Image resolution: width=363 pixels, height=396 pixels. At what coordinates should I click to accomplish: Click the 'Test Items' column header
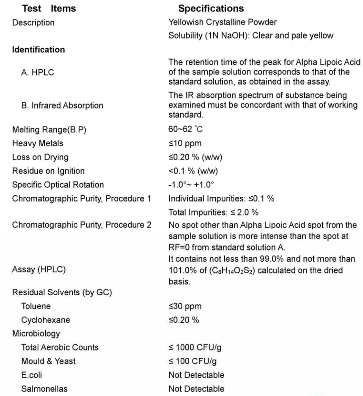49,8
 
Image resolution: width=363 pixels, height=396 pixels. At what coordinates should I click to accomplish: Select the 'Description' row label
33,22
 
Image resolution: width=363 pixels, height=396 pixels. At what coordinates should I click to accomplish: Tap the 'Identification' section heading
38,50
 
